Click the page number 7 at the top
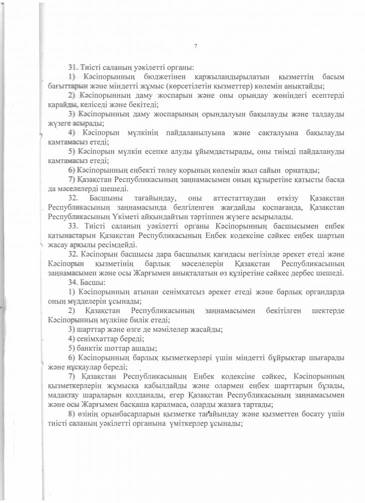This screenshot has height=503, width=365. (195, 46)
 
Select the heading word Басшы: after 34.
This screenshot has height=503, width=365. (94, 281)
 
